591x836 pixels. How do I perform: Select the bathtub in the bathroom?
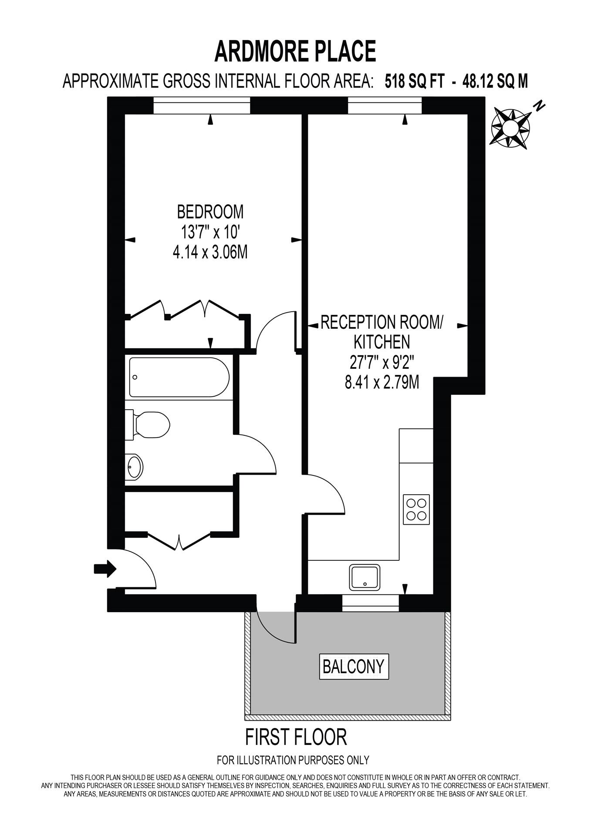click(179, 377)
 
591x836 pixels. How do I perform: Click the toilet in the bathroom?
click(150, 425)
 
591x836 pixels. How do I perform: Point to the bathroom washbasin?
click(134, 467)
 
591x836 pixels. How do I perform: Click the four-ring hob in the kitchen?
click(416, 509)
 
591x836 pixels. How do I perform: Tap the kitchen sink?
click(364, 577)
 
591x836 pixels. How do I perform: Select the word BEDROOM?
click(210, 212)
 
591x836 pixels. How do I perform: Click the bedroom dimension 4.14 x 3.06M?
click(210, 252)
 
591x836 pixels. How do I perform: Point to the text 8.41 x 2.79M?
click(382, 383)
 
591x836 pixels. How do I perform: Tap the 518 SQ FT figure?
click(414, 81)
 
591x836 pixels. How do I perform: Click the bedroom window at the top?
click(202, 106)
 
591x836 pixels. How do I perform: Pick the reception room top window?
click(385, 106)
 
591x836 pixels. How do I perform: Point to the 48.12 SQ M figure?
click(495, 81)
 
